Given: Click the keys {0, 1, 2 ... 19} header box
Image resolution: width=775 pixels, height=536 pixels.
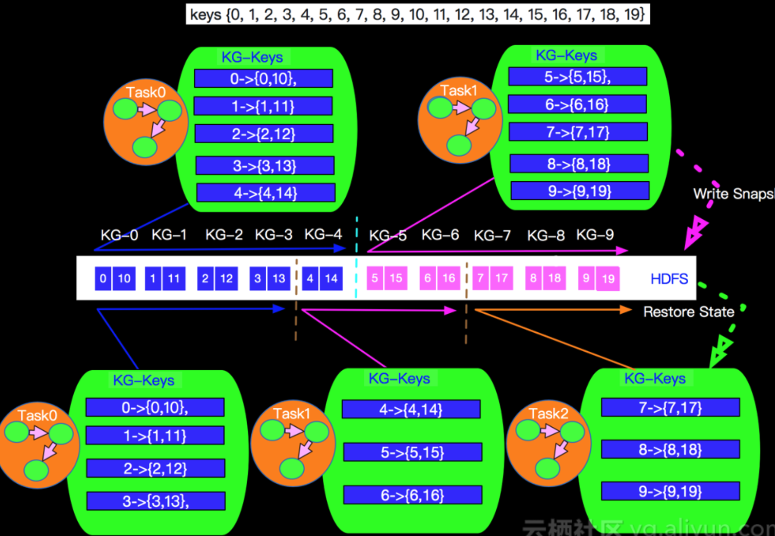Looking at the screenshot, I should pyautogui.click(x=417, y=15).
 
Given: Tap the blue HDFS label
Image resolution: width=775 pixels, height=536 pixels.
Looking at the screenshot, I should pyautogui.click(x=669, y=279).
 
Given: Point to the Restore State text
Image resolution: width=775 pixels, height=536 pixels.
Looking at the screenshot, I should pyautogui.click(x=688, y=312).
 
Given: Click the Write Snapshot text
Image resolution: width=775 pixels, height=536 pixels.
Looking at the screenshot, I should pyautogui.click(x=733, y=194).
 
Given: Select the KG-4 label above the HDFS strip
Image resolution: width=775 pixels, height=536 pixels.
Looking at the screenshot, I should pyautogui.click(x=323, y=234).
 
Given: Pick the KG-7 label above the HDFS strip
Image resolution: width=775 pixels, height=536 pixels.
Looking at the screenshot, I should pyautogui.click(x=492, y=236).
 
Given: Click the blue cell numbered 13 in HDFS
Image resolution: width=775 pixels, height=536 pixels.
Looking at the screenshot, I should pyautogui.click(x=279, y=278).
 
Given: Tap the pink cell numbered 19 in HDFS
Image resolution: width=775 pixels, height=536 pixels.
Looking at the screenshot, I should pyautogui.click(x=608, y=279).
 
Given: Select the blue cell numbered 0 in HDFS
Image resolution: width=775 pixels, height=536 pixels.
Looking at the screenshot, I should pyautogui.click(x=103, y=278).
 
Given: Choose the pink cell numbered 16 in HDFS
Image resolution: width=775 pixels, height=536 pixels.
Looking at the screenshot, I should pyautogui.click(x=449, y=278).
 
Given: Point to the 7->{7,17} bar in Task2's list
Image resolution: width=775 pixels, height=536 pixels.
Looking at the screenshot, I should pyautogui.click(x=670, y=407).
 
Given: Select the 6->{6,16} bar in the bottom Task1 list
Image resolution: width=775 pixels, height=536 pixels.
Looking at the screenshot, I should pyautogui.click(x=412, y=495).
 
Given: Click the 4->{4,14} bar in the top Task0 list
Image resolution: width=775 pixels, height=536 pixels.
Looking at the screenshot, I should pyautogui.click(x=265, y=193).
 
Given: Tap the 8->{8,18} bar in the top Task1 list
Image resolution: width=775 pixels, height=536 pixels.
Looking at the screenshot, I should pyautogui.click(x=579, y=164).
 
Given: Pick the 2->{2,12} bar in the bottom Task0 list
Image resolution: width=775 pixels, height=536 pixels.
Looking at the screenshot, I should pyautogui.click(x=155, y=468).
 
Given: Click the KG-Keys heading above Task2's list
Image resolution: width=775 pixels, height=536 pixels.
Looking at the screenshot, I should pyautogui.click(x=655, y=378).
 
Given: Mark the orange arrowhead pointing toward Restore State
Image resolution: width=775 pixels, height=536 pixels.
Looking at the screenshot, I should pyautogui.click(x=625, y=309).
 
